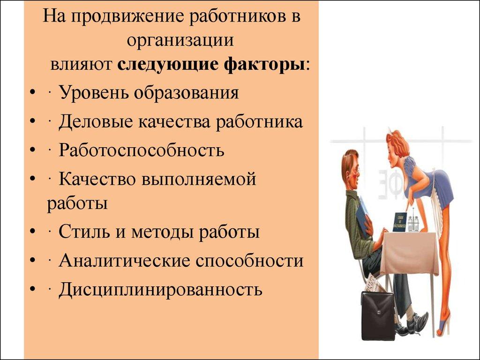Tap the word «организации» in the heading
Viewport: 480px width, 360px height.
pyautogui.click(x=180, y=40)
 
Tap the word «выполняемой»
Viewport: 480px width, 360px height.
pyautogui.click(x=199, y=179)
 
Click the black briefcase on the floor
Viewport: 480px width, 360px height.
pyautogui.click(x=377, y=315)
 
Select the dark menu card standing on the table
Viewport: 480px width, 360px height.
pyautogui.click(x=399, y=222)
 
